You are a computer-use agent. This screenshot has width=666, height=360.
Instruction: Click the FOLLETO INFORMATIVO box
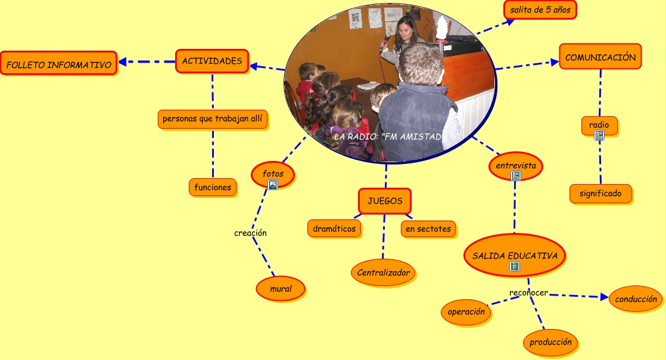[58, 63]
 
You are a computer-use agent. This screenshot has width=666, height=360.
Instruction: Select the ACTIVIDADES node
[212, 61]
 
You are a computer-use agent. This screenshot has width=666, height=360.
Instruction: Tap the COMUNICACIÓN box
[600, 57]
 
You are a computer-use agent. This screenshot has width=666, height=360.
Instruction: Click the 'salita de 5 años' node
[540, 10]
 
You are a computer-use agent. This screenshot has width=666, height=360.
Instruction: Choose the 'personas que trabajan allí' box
[212, 119]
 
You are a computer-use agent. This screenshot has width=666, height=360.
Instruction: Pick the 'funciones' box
[213, 187]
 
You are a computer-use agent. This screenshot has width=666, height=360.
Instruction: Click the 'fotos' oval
[273, 173]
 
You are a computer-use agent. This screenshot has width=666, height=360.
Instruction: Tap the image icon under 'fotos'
[273, 185]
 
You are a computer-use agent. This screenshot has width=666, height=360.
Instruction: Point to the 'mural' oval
[281, 288]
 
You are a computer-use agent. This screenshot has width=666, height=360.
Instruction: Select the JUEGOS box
[385, 201]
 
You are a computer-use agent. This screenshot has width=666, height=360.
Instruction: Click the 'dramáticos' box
[334, 228]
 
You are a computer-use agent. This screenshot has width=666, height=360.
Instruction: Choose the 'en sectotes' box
[428, 228]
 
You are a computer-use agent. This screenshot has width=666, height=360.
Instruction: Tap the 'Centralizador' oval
[384, 272]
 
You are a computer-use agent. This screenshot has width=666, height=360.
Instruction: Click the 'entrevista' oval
[516, 165]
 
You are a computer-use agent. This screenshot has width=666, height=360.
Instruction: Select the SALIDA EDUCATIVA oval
[515, 256]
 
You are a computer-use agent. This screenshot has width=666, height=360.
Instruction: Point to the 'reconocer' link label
[528, 293]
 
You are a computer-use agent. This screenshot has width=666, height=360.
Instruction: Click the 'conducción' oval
[636, 299]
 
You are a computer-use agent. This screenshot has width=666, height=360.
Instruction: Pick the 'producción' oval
[550, 342]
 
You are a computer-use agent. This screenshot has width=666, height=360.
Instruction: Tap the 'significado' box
[600, 193]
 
